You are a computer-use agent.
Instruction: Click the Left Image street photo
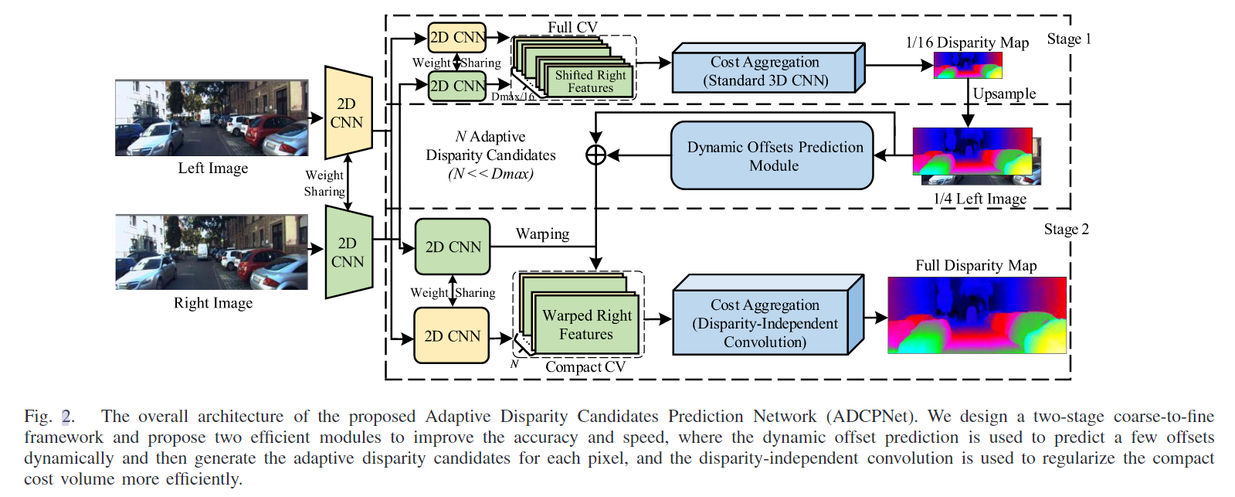point(212,117)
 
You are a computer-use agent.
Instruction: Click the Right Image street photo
point(212,252)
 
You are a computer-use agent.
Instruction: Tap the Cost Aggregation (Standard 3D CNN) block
point(765,71)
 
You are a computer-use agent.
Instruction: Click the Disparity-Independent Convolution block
point(765,323)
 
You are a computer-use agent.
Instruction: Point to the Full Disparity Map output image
point(976,315)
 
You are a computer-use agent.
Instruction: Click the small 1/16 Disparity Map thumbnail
point(967,66)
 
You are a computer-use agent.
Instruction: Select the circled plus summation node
point(595,155)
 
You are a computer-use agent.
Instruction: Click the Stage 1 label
point(1068,39)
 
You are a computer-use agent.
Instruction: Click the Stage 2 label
point(1066,230)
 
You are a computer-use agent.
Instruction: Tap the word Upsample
point(1004,94)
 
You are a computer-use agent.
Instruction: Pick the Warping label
point(542,234)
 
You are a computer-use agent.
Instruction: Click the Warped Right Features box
point(586,325)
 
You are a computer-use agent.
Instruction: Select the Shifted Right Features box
point(590,81)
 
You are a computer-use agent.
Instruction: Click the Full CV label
point(572,27)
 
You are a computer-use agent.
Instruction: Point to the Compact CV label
point(585,367)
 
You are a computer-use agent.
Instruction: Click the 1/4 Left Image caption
point(979,199)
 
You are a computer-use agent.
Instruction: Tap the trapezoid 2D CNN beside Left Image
point(348,113)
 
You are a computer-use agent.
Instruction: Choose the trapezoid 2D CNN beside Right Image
point(348,252)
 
